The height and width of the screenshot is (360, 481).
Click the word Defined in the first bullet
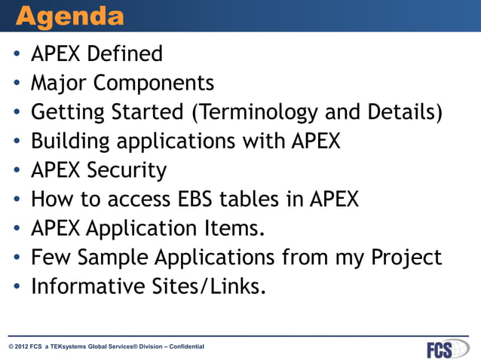tap(126, 54)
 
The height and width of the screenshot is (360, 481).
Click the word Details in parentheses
tap(400, 111)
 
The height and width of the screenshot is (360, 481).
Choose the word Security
tap(129, 170)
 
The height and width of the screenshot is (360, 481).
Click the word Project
tap(406, 257)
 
